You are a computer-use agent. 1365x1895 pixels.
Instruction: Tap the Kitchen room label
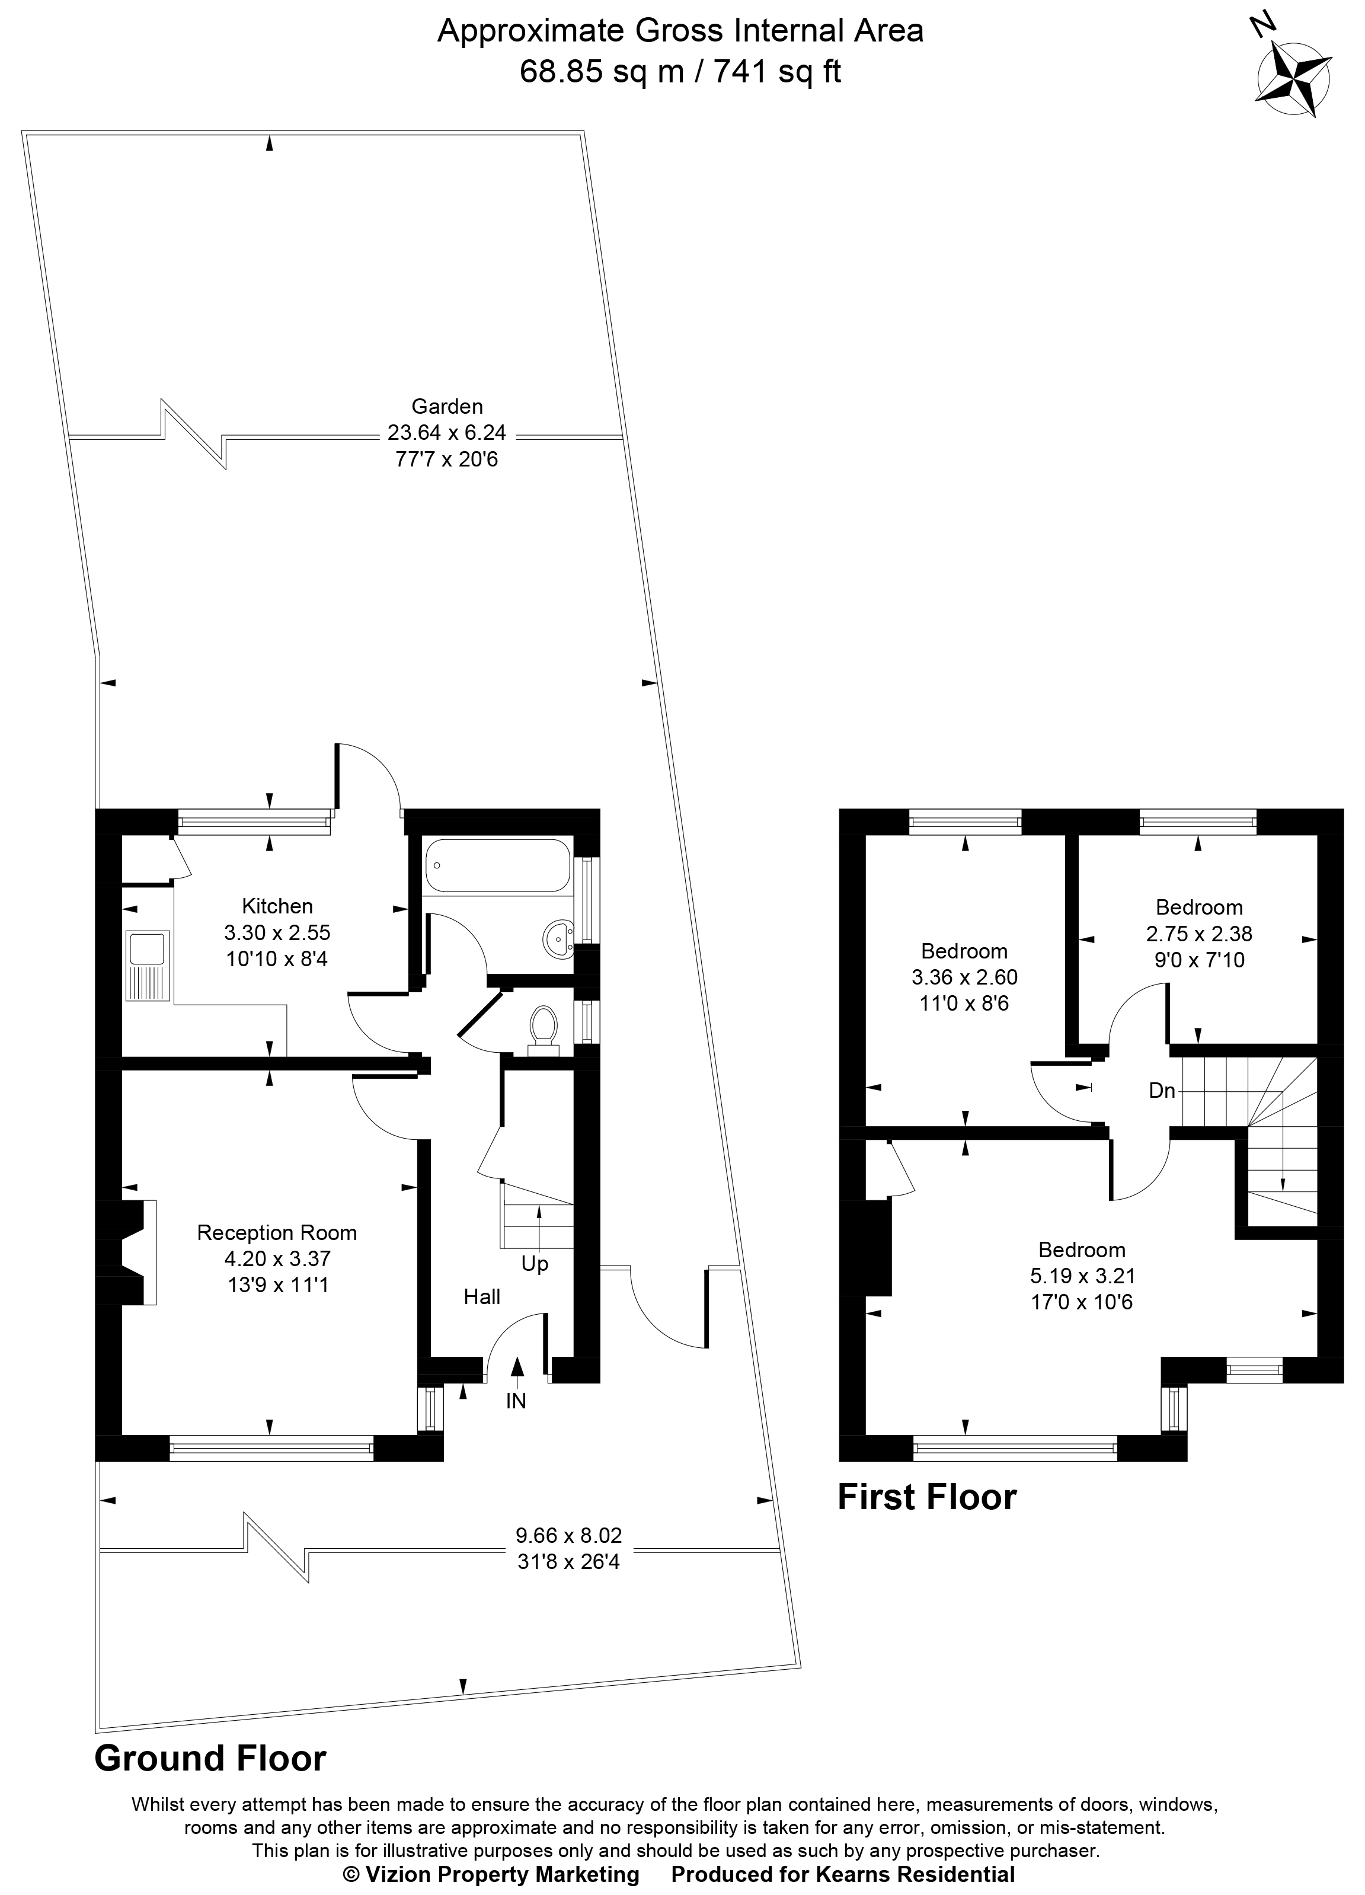point(277,906)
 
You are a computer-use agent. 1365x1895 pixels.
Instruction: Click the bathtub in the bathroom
point(498,867)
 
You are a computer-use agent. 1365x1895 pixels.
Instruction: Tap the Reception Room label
point(277,1232)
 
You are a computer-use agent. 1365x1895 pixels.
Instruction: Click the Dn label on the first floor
point(1162,1091)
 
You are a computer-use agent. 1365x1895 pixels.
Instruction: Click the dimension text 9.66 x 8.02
point(568,1535)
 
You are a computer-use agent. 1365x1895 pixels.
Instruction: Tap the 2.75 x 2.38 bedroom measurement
point(1199,934)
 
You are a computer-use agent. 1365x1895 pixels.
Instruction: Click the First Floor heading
point(926,1497)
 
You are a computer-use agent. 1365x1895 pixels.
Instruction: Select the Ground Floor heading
point(210,1759)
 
